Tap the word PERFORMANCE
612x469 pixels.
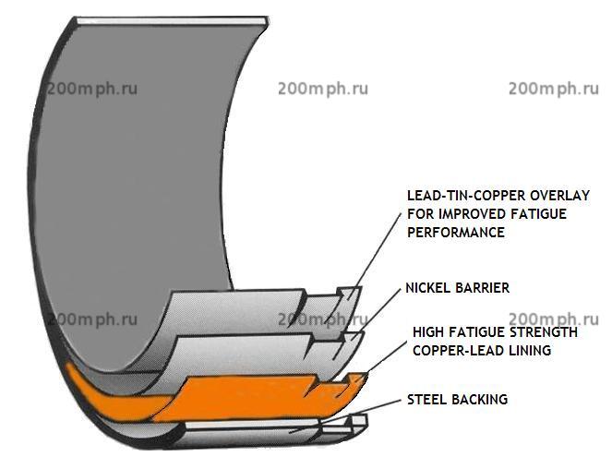[x=456, y=233]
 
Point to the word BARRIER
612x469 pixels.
[x=483, y=288]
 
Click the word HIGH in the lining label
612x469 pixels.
[x=428, y=332]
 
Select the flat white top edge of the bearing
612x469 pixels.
[x=171, y=21]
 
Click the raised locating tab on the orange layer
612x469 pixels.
[x=356, y=379]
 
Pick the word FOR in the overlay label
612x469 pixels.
[x=421, y=214]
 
